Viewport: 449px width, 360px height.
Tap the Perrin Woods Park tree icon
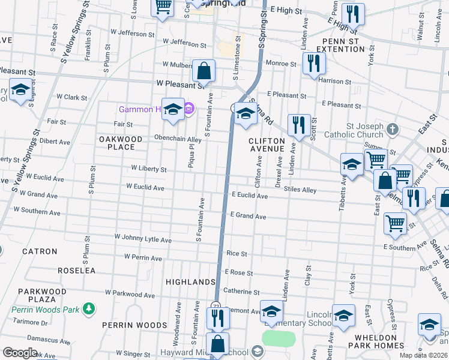pos(89,309)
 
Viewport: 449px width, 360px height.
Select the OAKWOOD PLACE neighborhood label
pos(121,143)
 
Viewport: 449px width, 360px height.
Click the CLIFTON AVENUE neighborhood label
pos(267,144)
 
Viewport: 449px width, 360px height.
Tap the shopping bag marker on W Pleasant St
pos(204,71)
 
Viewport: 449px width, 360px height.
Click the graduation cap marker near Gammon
pos(173,109)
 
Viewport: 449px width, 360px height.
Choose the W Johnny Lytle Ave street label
pos(143,239)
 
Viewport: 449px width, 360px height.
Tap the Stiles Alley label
pos(300,190)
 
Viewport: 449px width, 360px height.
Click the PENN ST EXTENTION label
pos(340,44)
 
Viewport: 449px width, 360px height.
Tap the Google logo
pos(20,353)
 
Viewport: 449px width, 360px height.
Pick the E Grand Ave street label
pos(249,216)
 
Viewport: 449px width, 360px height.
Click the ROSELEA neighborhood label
pos(76,271)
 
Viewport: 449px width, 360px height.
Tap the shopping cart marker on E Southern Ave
pos(395,223)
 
